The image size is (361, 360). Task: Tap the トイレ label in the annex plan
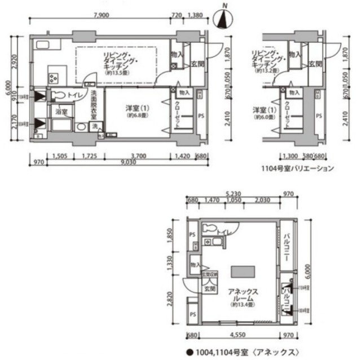point(223,232)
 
